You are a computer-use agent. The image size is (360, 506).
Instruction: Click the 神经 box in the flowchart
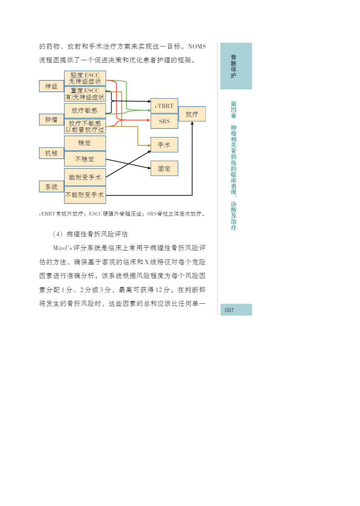51,86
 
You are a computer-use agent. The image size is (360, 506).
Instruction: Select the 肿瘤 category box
51,120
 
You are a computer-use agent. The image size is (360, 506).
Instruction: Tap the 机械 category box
51,153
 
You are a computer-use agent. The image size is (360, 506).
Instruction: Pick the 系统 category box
51,187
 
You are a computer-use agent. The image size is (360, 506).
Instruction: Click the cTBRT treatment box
164,106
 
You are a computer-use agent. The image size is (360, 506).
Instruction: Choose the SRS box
164,121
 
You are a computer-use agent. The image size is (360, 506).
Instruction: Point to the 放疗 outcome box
192,114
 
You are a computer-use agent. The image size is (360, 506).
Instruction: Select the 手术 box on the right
164,145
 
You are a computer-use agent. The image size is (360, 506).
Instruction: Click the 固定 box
164,169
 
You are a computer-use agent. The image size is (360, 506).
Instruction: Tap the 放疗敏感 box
85,111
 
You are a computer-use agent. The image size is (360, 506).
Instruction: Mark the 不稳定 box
85,159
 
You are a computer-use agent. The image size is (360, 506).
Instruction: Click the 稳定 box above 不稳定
85,143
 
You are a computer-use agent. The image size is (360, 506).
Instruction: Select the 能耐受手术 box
85,177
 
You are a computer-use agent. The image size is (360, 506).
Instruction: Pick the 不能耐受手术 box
85,195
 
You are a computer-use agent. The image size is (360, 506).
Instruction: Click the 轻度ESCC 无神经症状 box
85,79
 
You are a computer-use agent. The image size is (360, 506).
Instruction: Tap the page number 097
230,310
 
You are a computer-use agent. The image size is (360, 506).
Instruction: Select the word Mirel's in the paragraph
63,248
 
